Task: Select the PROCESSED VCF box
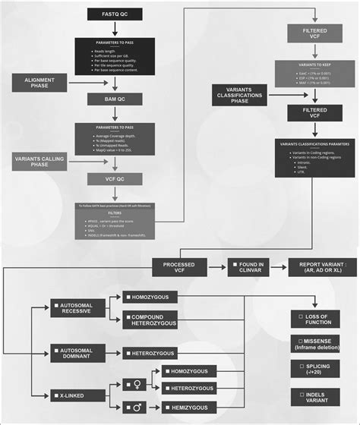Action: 179,267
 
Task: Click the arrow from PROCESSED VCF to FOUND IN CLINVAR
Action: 216,267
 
